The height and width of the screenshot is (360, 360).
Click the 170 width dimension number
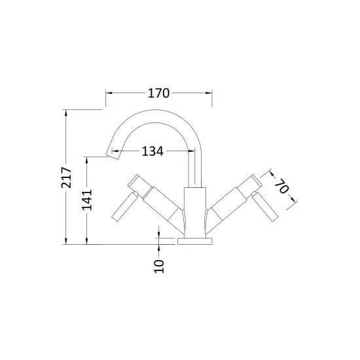158,93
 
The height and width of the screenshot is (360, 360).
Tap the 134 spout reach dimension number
153,151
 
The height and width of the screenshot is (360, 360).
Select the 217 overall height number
66,177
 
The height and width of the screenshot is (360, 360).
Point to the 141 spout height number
87,200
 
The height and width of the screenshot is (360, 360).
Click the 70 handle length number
281,186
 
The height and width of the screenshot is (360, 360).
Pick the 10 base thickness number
159,266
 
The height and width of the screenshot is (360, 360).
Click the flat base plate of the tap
195,242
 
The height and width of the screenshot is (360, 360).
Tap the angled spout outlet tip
113,154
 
